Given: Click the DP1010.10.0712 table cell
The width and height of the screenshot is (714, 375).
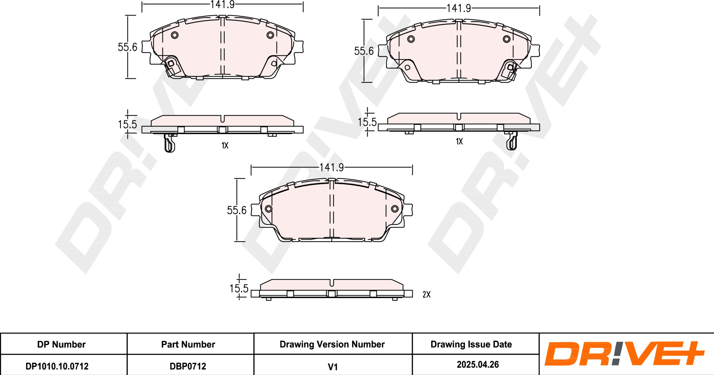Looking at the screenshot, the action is [x=57, y=366].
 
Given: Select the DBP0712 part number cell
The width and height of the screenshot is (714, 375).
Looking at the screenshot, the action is [x=188, y=366].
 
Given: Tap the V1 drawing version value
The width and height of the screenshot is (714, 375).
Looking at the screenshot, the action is [x=333, y=367].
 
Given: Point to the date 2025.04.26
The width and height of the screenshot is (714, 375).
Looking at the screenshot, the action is [x=478, y=364].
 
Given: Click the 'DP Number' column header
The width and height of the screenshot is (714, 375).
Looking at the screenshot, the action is [x=61, y=344].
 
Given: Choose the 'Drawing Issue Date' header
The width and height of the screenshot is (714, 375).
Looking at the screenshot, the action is [x=471, y=344].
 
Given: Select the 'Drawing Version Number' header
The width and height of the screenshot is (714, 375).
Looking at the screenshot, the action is [x=332, y=344].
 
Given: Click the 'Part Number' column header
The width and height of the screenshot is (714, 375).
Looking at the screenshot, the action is [x=188, y=344].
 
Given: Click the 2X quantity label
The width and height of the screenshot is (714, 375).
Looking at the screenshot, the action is [x=426, y=295].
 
